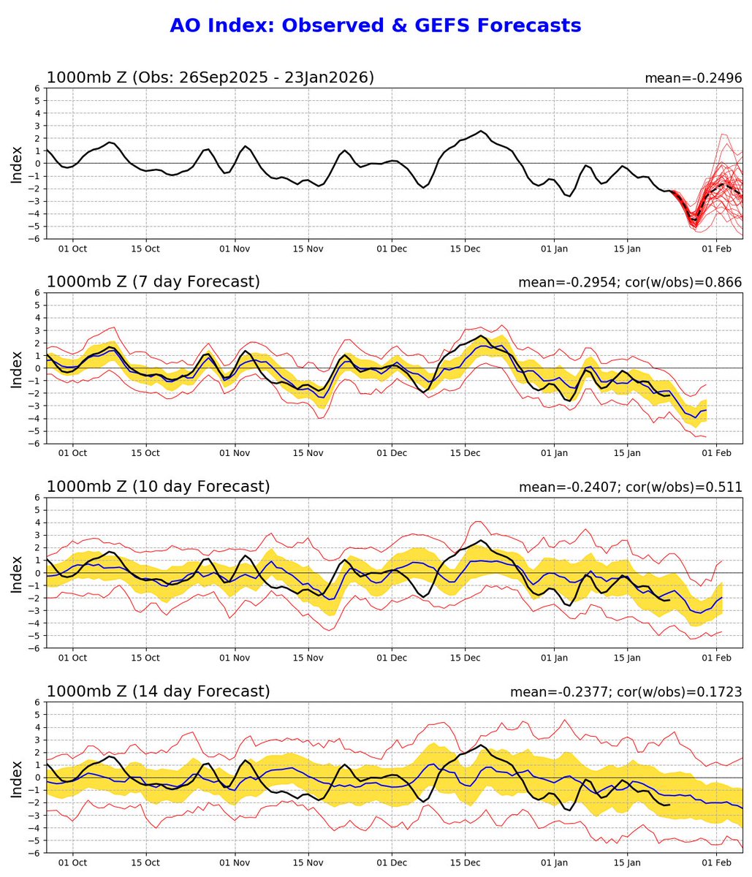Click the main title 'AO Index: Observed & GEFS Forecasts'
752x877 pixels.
pyautogui.click(x=375, y=26)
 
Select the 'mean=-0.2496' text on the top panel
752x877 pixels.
pyautogui.click(x=693, y=78)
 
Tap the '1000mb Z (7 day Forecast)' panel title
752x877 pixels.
pyautogui.click(x=153, y=282)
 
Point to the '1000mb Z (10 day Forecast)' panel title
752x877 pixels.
pyautogui.click(x=158, y=487)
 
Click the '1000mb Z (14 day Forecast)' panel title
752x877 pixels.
pyautogui.click(x=158, y=691)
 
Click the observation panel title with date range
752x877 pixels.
pyautogui.click(x=210, y=77)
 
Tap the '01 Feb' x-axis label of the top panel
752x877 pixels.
pyautogui.click(x=716, y=248)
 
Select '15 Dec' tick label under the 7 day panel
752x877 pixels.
pyautogui.click(x=466, y=453)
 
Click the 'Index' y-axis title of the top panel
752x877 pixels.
pyautogui.click(x=17, y=164)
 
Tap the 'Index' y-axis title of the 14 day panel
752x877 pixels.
pyautogui.click(x=17, y=778)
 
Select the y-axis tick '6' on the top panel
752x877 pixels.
pyautogui.click(x=35, y=88)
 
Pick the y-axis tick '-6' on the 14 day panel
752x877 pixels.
pyautogui.click(x=33, y=853)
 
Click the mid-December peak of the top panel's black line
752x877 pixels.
pyautogui.click(x=481, y=132)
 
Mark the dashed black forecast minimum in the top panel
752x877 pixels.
pyautogui.click(x=694, y=220)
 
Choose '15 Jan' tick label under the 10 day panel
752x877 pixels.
pyautogui.click(x=626, y=658)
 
